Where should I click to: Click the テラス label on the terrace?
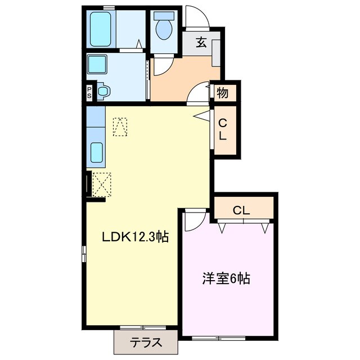pos(146,341)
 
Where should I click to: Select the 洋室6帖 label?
pos(226,278)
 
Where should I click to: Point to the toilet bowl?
pos(165,28)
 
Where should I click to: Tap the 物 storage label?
pos(223,93)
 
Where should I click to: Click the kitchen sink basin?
pos(97,152)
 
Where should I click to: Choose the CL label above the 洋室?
pos(241,210)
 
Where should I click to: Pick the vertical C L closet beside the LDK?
pos(223,129)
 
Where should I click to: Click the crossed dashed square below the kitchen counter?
pos(102,183)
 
